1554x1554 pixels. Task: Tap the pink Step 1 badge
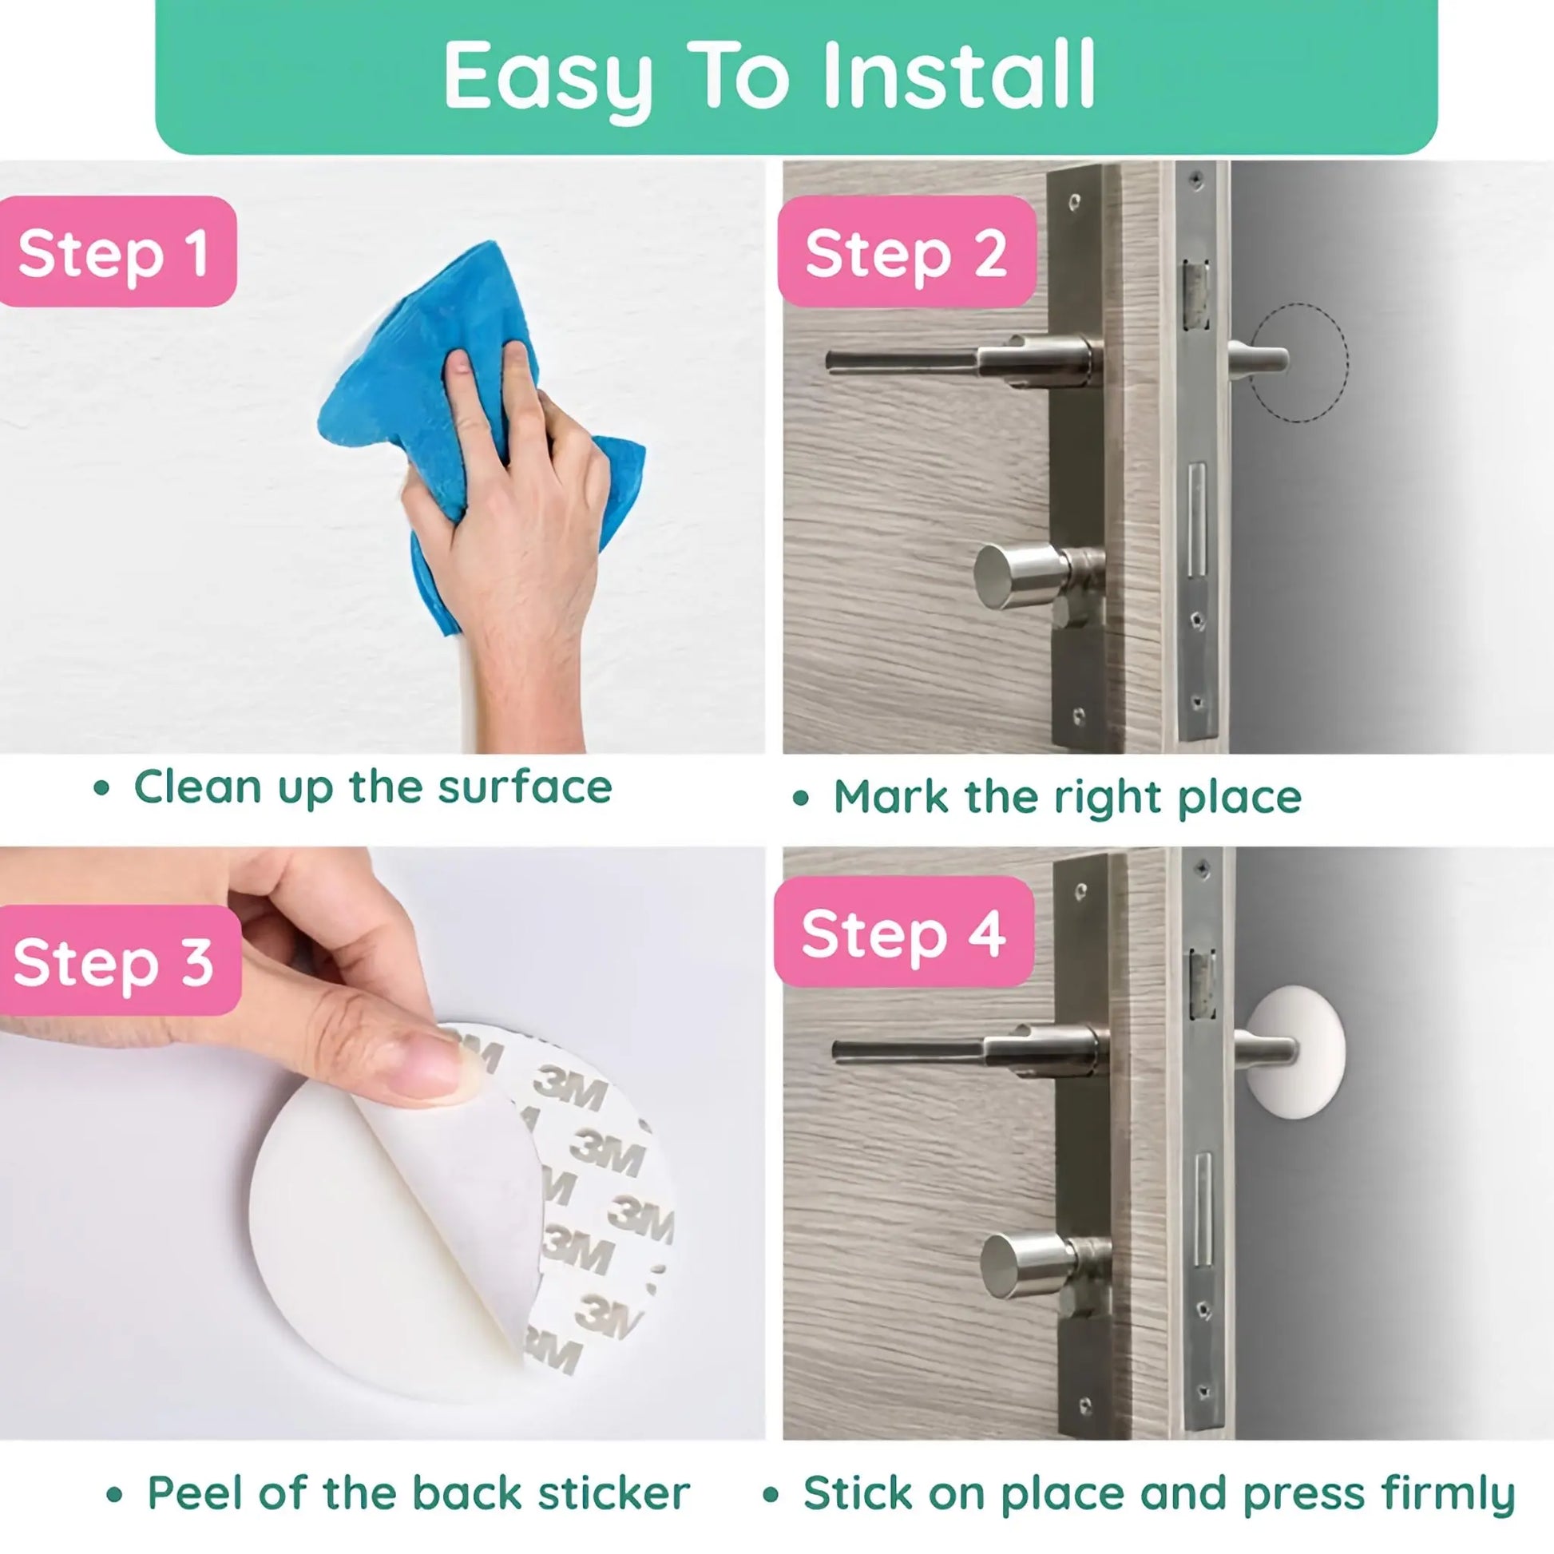tap(117, 251)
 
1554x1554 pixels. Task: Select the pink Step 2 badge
tap(906, 251)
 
